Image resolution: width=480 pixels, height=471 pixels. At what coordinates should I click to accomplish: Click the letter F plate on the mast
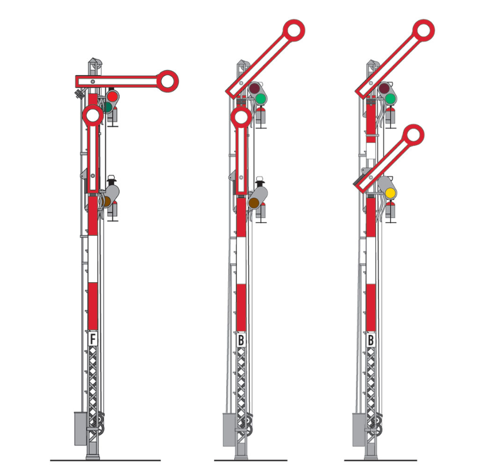tap(93, 339)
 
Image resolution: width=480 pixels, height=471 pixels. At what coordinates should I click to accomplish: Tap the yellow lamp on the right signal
tap(390, 193)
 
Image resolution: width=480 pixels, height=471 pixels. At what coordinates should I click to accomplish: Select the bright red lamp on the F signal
tap(113, 96)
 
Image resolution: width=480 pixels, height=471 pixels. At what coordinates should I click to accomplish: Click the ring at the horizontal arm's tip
tap(167, 81)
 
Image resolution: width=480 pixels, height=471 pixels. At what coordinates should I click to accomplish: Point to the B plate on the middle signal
tap(241, 340)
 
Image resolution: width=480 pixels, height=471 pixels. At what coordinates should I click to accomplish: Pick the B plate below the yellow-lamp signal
tap(371, 340)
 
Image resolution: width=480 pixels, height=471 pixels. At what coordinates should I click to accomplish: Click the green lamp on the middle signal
tap(261, 99)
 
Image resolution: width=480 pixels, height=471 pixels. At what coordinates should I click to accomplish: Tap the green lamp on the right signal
tap(390, 99)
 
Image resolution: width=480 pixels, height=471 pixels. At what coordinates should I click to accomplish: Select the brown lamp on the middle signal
tap(253, 203)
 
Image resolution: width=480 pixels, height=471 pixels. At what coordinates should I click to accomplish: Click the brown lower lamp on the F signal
tap(107, 201)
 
